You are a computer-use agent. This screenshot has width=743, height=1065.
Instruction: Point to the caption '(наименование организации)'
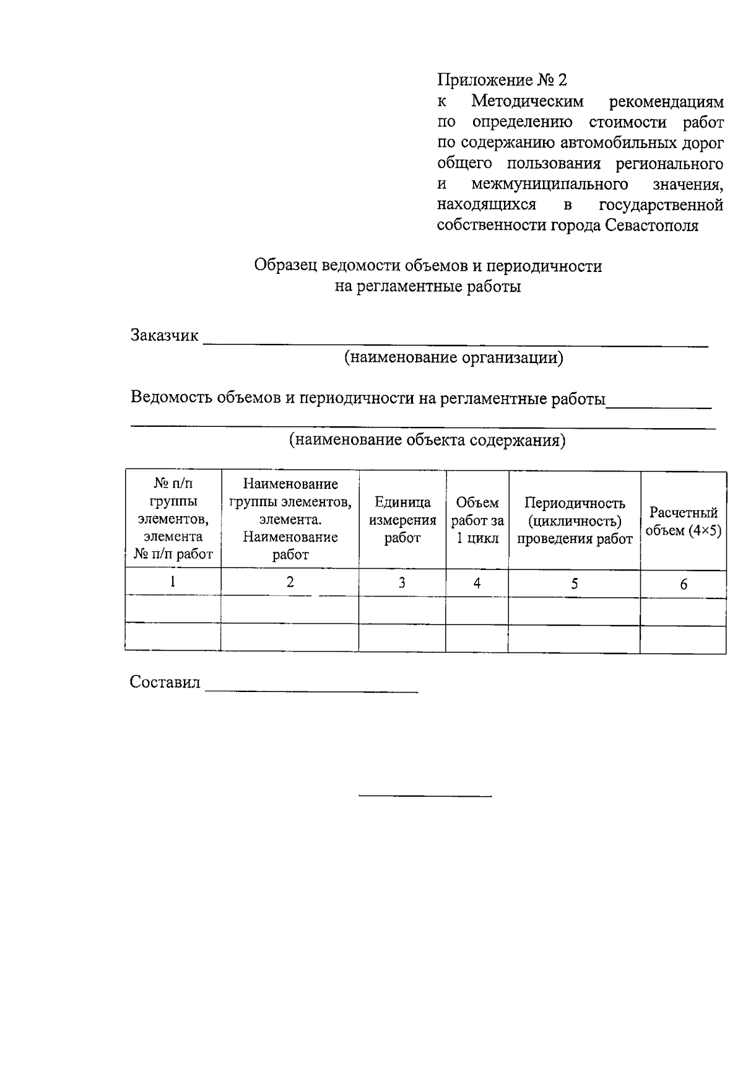[454, 357]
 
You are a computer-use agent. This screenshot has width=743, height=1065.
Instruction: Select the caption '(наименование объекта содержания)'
[427, 440]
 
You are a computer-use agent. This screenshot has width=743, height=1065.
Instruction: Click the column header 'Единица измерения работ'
[402, 520]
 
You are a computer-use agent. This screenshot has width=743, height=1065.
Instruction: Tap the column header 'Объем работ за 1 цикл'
[477, 520]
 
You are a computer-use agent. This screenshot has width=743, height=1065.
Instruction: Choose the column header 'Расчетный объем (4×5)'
[683, 521]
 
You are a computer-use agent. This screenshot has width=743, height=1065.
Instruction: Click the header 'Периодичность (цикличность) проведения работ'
[574, 520]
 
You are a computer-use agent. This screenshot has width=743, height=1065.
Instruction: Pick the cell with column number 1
[173, 582]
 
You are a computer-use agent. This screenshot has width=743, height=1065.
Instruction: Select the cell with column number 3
[402, 583]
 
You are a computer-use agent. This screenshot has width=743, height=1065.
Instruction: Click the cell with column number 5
[574, 584]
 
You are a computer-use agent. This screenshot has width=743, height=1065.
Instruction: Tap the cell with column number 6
[683, 584]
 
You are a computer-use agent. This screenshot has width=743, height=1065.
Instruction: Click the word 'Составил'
[165, 682]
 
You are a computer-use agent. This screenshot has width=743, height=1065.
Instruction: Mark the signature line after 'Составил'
[311, 690]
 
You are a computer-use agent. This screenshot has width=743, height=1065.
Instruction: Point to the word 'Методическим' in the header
[527, 100]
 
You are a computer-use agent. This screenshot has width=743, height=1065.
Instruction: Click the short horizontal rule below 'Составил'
[425, 795]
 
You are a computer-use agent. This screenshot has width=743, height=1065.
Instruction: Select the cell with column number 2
[290, 582]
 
